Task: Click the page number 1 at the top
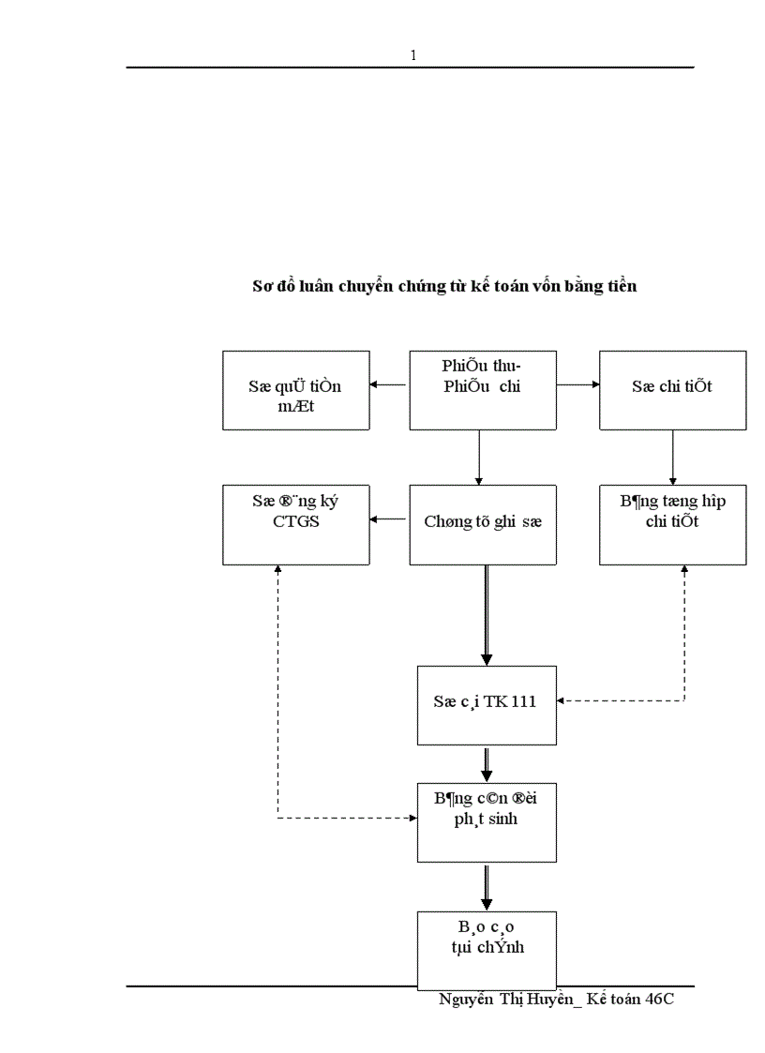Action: (413, 55)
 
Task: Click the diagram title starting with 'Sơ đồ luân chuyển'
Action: (444, 286)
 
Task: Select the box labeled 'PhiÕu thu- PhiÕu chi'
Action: (483, 390)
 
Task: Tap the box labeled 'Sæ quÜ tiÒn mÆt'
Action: (295, 390)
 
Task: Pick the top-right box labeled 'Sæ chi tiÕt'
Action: (672, 390)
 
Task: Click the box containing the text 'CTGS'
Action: (295, 524)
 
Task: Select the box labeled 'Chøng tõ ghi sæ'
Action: (483, 524)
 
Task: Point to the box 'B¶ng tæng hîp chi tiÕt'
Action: (672, 524)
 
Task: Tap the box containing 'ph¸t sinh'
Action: (487, 820)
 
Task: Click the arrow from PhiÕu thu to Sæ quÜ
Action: (389, 384)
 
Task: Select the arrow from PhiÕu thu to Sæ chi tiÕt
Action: (578, 384)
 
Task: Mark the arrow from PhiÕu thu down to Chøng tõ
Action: (479, 458)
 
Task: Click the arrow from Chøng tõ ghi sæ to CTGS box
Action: (389, 519)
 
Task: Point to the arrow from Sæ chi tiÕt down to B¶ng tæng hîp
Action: (672, 458)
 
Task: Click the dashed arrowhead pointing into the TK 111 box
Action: (562, 699)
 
